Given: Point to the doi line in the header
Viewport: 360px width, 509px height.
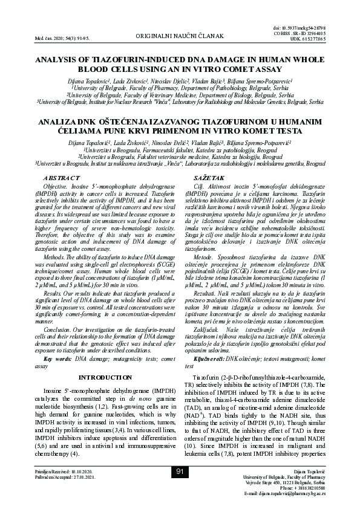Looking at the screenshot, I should tap(325, 28).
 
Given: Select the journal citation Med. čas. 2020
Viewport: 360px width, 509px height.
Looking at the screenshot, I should tap(44, 38).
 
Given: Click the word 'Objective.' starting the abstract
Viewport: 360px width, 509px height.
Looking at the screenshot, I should tap(55, 187).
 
